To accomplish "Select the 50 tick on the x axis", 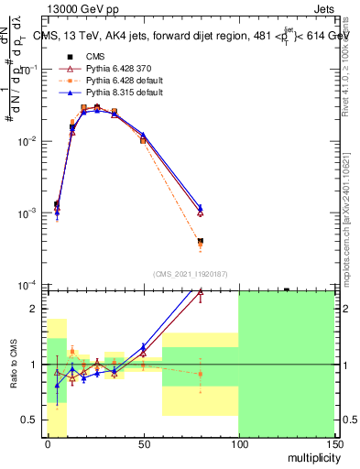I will point(143,443).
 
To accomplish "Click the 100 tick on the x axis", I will point(238,443).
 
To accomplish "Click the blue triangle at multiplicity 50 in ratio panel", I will point(143,347).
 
